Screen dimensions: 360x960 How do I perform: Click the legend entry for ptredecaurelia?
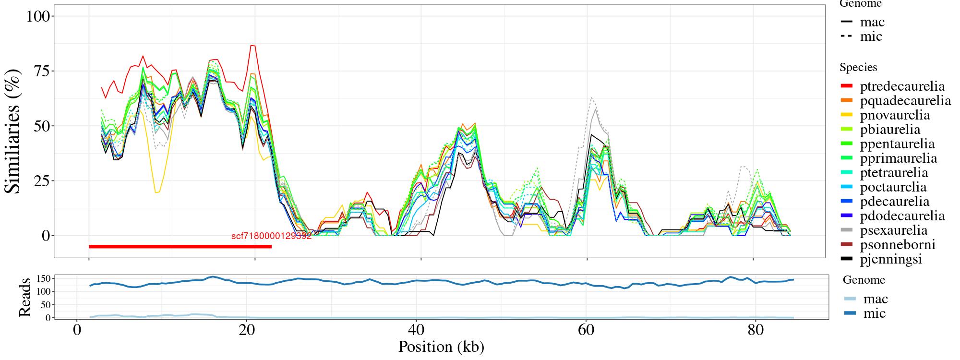click(x=902, y=86)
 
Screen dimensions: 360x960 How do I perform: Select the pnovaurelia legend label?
click(x=895, y=115)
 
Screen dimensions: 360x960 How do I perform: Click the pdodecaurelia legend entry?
click(x=902, y=216)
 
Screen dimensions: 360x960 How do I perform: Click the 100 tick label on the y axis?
click(x=38, y=16)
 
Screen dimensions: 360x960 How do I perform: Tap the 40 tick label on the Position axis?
click(x=416, y=331)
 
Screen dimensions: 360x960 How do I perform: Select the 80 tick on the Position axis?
click(x=756, y=331)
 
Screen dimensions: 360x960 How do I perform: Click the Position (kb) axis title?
click(x=441, y=347)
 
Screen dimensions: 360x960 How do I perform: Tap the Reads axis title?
click(x=24, y=297)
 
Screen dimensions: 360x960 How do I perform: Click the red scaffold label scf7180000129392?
click(x=271, y=236)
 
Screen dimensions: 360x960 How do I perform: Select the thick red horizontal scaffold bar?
click(x=180, y=247)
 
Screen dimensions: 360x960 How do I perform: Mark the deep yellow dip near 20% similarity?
click(x=157, y=192)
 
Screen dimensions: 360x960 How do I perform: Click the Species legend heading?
click(x=858, y=68)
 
